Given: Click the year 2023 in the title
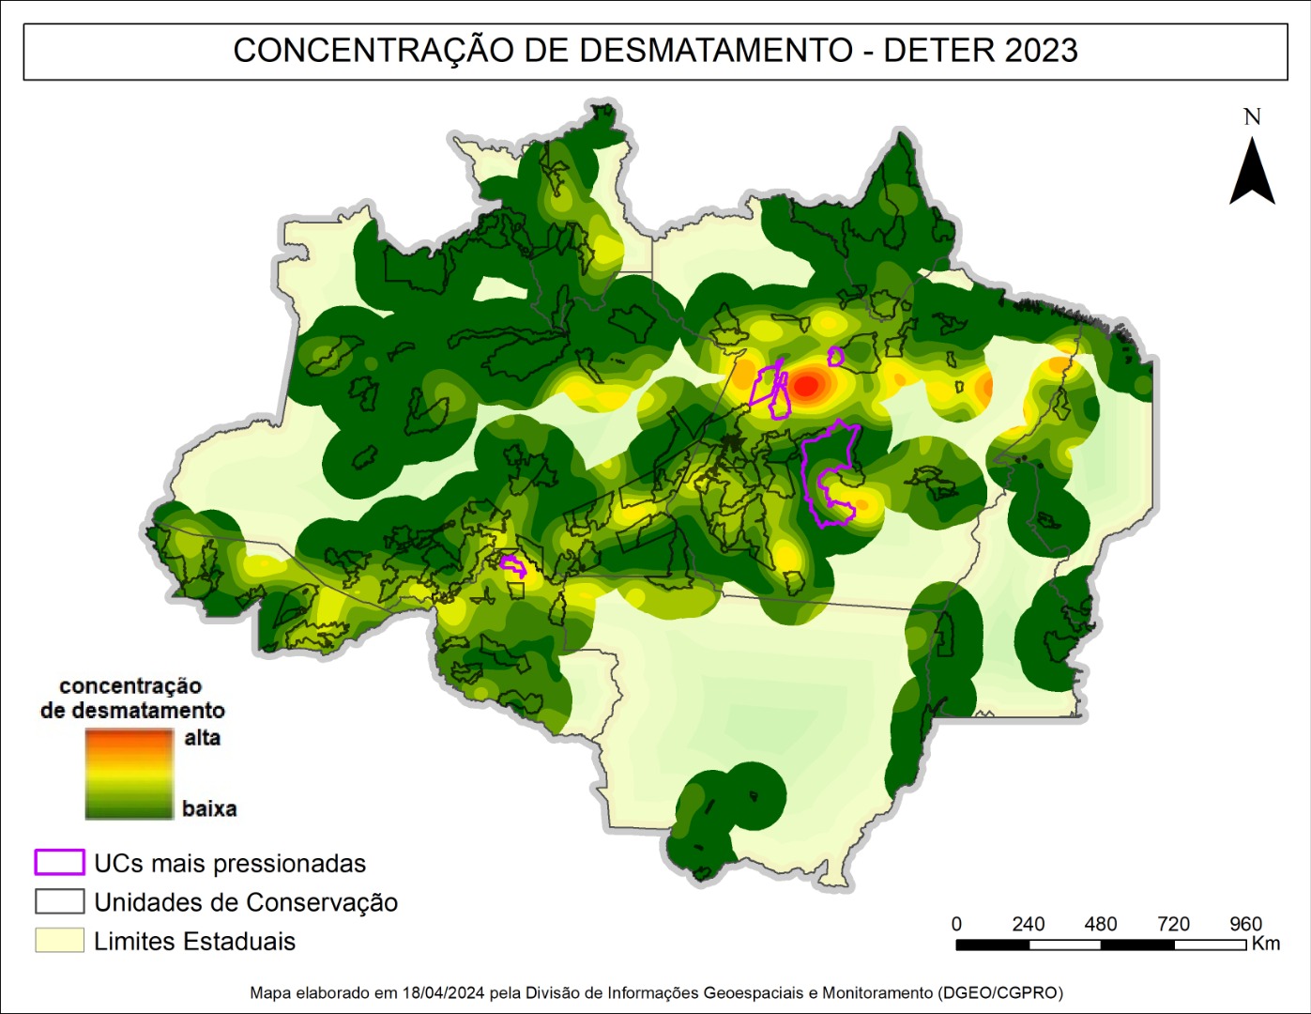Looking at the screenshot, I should [x=1040, y=51].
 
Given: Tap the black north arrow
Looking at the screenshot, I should [x=1252, y=173].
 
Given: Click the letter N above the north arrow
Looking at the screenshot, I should [x=1252, y=117].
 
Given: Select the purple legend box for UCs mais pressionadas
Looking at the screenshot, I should [x=59, y=862].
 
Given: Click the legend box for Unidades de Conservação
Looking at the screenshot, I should [x=59, y=901].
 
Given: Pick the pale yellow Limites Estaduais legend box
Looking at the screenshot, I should [x=59, y=940].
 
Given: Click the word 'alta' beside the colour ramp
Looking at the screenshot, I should [x=202, y=738].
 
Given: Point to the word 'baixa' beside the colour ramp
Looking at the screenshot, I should [x=208, y=808].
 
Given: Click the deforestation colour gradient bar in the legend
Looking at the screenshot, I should [x=129, y=774].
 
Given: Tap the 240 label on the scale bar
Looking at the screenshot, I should [x=1028, y=924].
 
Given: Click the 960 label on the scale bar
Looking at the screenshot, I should [x=1245, y=924].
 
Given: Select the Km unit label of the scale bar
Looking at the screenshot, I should [x=1265, y=944].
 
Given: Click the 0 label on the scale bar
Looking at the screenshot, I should [x=956, y=924].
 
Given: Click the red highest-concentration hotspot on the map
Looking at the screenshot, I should [x=807, y=384].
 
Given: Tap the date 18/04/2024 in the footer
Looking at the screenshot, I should [x=443, y=992].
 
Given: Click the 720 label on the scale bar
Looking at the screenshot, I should [x=1173, y=924].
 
